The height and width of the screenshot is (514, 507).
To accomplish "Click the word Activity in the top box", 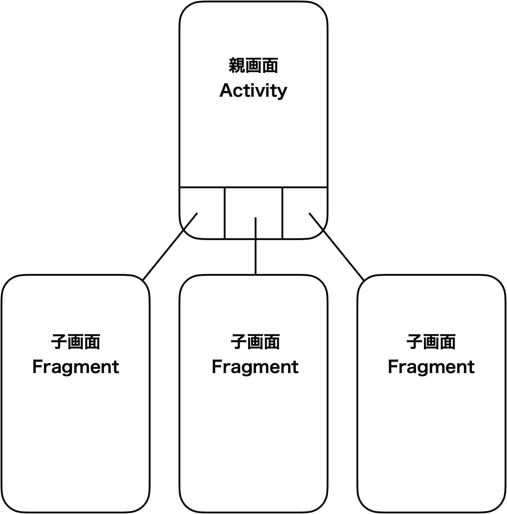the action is tap(253, 91).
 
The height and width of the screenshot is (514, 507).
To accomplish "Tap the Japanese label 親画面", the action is tap(253, 66).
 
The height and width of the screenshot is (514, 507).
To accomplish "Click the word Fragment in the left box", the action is tap(76, 368).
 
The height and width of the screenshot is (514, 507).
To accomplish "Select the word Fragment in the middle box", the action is tap(255, 368).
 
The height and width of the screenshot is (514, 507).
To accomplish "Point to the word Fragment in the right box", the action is tap(431, 368).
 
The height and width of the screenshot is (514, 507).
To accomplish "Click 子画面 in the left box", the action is tap(76, 342).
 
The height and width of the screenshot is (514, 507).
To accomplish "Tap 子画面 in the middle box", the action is tap(255, 342).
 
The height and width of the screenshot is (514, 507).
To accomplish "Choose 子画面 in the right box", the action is tap(431, 342).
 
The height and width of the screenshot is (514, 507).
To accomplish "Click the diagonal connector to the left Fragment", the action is tap(170, 246).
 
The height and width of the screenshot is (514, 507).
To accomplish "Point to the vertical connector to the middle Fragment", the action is tap(255, 246).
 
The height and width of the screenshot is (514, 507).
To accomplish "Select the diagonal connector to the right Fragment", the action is tap(336, 246).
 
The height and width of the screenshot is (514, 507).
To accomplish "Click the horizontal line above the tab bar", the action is tap(253, 187).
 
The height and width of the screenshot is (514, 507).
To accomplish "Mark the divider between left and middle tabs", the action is tap(225, 213).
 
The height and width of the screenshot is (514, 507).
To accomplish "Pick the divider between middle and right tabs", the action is tap(282, 213).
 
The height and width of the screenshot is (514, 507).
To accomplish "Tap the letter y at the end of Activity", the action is tap(282, 93).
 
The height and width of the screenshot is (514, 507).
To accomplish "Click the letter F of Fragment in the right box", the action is tap(393, 367).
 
